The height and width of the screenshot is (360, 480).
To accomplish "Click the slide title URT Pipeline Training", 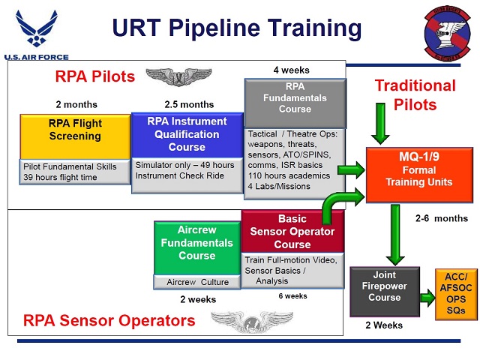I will [x=237, y=28].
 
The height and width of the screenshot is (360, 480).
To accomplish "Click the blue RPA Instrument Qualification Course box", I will [x=187, y=135].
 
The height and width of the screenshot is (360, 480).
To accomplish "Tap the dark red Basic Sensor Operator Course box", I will [x=292, y=232].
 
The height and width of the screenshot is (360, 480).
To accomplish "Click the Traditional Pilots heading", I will [x=415, y=94].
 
